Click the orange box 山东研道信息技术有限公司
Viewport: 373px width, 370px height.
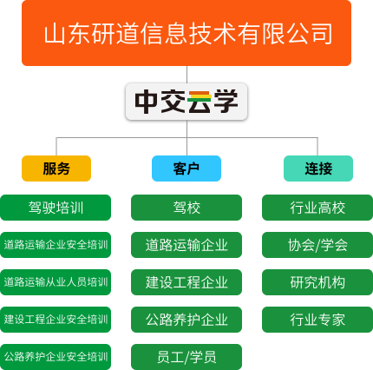(186, 33)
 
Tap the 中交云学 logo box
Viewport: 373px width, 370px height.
(186, 102)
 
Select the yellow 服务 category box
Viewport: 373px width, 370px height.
(56, 168)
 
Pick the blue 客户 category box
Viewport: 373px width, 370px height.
(186, 168)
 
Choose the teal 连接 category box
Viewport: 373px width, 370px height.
(318, 168)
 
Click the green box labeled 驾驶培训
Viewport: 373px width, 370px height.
(56, 208)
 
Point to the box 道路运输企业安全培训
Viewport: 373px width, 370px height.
(56, 245)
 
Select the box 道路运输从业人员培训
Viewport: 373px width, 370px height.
(56, 282)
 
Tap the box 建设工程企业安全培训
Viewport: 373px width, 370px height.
(56, 320)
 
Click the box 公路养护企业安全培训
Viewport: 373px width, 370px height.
(56, 357)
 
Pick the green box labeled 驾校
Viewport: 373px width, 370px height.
(186, 208)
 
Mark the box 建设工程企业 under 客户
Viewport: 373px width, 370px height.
(186, 282)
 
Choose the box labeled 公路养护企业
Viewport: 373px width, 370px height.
(186, 320)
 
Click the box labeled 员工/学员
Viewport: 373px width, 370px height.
(186, 357)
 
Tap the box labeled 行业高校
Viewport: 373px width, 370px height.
(317, 208)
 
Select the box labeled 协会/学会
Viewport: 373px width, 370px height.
(317, 245)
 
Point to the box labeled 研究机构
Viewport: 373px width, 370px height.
(317, 282)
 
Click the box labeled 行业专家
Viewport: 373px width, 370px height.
(317, 320)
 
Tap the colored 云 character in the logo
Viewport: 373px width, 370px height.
(200, 102)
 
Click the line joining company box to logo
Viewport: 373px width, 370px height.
(186, 75)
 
